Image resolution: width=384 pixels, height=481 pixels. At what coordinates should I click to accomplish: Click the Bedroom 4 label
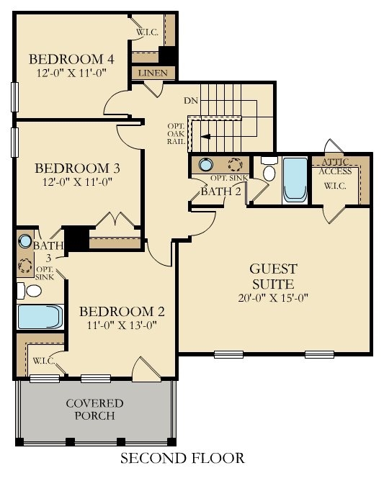pos(71,59)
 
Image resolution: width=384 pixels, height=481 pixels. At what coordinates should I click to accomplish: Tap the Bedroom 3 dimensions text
pos(77,182)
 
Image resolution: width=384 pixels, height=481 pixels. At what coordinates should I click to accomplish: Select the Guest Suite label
pos(273,277)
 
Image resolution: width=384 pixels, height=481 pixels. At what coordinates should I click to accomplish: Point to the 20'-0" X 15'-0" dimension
pos(273,298)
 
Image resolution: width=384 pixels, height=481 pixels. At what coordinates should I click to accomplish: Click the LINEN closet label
pos(153,73)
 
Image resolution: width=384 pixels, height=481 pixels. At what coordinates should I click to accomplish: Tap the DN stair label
pos(191,101)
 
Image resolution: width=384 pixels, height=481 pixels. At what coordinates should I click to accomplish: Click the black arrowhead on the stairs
pos(205,137)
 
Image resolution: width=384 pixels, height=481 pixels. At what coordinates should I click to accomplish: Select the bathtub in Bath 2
pos(295,180)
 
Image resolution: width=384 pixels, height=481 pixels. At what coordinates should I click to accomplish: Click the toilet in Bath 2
pos(269,170)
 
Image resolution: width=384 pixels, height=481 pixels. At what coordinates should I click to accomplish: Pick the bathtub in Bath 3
pos(40,317)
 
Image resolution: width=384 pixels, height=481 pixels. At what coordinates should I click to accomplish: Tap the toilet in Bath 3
pos(30,291)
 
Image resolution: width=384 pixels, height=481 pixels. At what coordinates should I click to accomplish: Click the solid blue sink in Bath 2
pos(205,164)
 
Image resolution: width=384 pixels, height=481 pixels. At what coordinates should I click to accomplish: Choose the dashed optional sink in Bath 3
pos(25,266)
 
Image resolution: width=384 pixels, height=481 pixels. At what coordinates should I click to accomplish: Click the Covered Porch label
pos(94,409)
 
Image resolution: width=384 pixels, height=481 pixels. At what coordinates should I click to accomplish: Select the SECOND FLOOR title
pos(182,458)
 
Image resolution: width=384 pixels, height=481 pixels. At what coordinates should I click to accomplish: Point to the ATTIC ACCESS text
pos(335,166)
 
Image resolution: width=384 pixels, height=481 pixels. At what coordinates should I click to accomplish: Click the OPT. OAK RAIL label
pos(177,134)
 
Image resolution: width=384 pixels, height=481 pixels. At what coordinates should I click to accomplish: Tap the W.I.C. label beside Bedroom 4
pos(148,32)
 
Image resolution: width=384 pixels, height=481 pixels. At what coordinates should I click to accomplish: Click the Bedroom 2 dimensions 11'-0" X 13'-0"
pos(122,325)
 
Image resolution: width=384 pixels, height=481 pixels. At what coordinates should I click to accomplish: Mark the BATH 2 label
pos(220,192)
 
